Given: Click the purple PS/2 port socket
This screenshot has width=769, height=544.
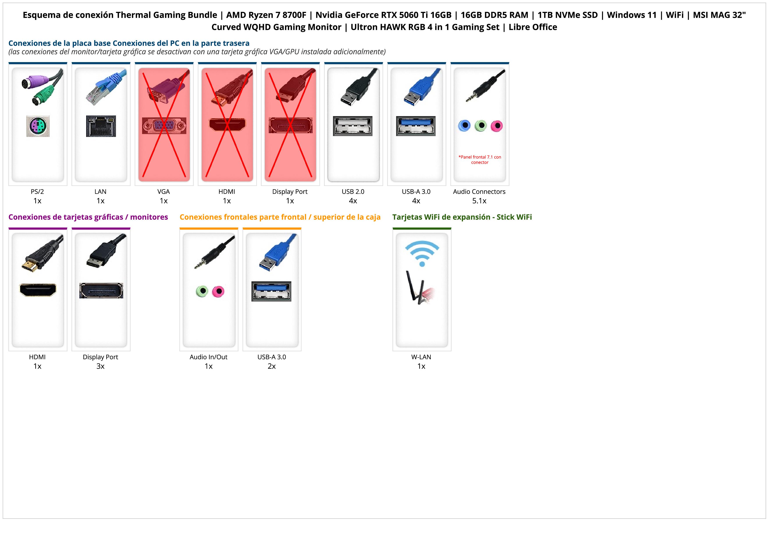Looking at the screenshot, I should point(38,126).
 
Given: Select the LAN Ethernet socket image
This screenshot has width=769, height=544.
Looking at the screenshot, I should point(101,126).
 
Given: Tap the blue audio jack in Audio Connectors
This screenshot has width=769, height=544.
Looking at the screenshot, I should point(464,126).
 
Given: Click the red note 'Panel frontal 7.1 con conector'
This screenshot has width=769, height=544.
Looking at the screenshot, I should point(480,160).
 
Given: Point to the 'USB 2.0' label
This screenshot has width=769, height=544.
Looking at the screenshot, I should point(353,192).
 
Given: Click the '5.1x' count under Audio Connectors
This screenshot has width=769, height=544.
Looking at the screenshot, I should point(479,201).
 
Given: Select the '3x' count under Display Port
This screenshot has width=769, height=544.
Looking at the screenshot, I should point(100,366).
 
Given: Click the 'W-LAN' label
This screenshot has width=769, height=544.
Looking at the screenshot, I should point(421,357).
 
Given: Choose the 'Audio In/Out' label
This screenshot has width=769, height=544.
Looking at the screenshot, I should point(208,357).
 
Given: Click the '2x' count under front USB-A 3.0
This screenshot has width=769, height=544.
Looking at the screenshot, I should point(272,366).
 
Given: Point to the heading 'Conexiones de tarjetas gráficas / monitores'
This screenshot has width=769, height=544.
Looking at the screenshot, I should point(88,217).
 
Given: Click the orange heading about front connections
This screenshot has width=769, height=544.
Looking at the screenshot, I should point(280,217).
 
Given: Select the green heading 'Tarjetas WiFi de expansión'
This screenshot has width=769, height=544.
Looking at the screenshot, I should point(462,217).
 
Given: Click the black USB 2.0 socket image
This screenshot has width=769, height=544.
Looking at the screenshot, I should point(353,126).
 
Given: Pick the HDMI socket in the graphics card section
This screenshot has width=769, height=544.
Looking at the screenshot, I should point(38,290).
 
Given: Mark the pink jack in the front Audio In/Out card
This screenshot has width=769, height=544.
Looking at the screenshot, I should point(218,291).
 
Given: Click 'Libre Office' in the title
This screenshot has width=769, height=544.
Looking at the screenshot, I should point(533,27).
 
